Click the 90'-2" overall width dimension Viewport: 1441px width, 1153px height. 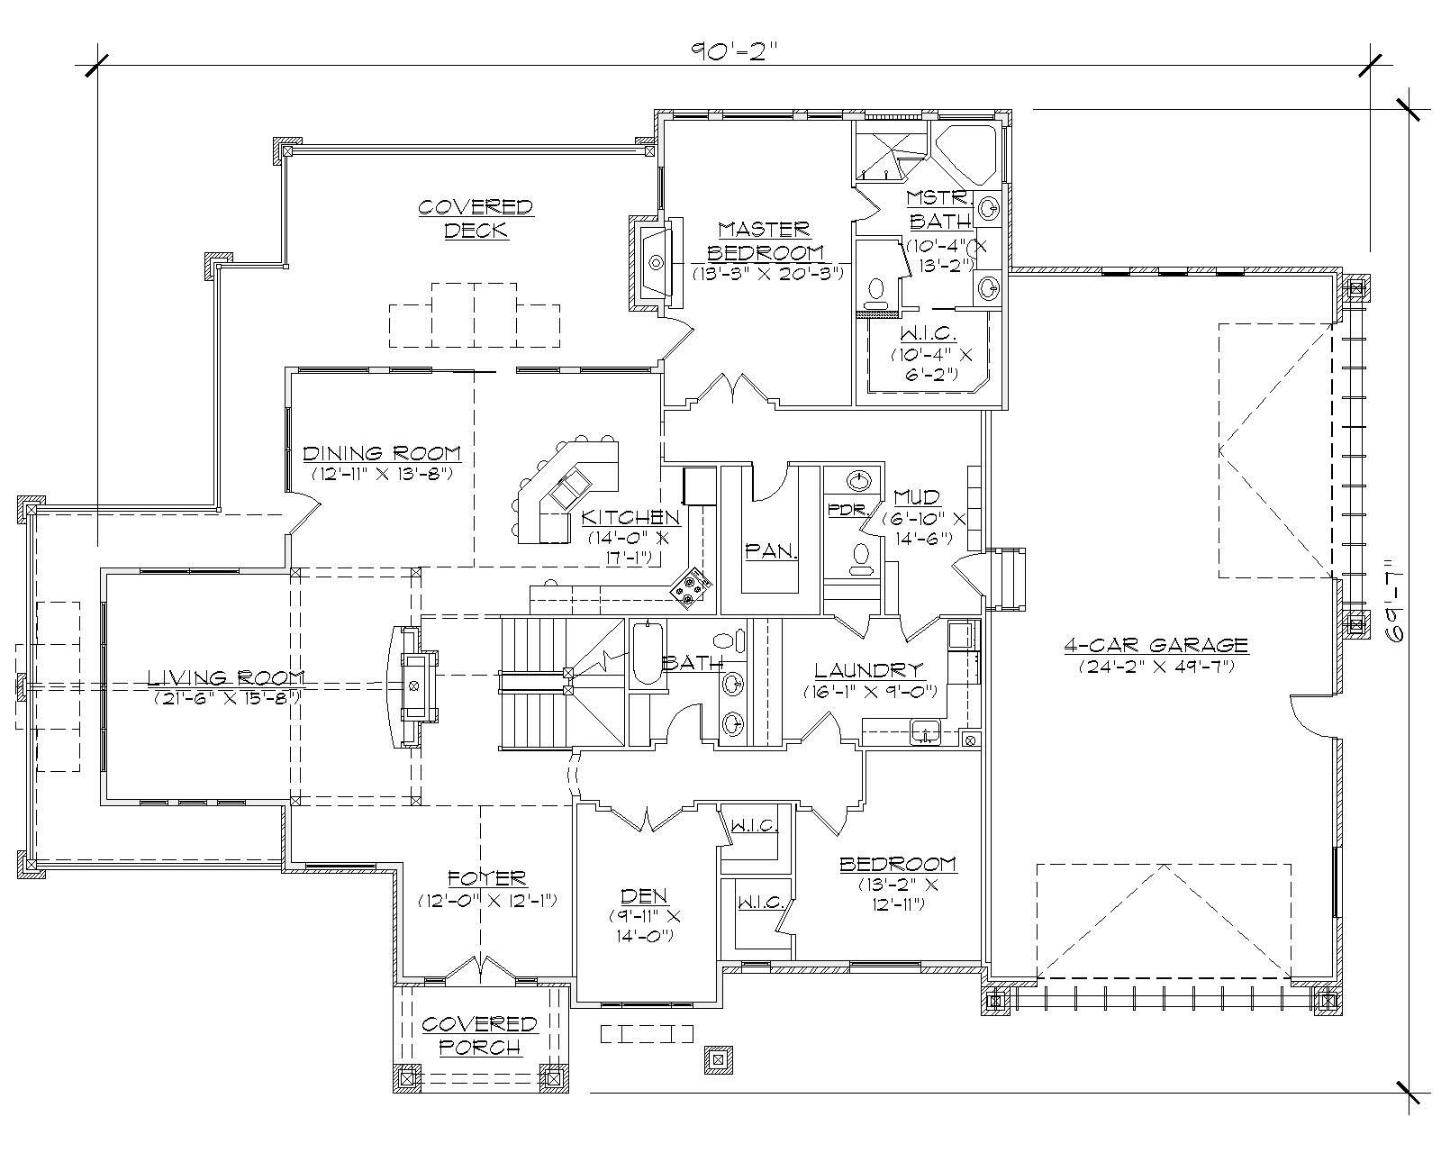733,50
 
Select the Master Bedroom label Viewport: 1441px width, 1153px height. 766,241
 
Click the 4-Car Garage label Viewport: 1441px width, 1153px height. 1156,645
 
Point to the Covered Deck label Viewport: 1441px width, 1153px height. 476,219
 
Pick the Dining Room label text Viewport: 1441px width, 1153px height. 382,453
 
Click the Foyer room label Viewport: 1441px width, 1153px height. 487,877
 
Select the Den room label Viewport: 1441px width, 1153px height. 645,895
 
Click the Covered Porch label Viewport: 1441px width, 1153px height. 479,1036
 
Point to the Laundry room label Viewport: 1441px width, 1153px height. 869,670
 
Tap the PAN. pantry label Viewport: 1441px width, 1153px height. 771,552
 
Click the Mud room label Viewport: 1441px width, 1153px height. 917,497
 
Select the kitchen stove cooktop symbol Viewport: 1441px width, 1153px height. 692,587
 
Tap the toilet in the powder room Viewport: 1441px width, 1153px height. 861,558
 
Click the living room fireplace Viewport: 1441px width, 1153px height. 413,686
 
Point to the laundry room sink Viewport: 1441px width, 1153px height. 924,731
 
